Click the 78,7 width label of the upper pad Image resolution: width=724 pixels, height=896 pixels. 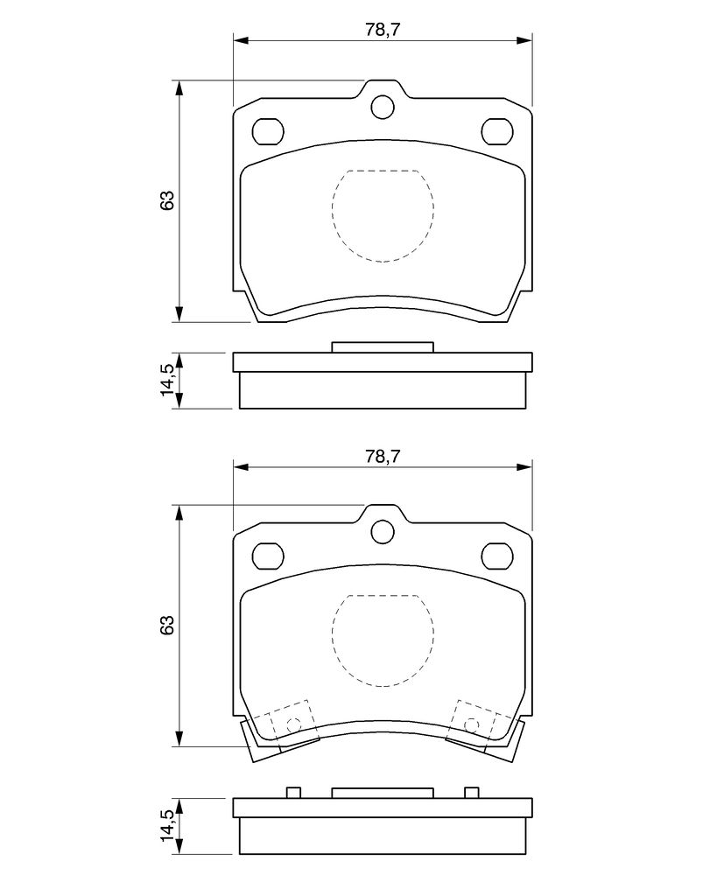point(382,31)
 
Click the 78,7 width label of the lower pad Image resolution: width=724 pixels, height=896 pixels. point(382,456)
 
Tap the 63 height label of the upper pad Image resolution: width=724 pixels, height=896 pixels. point(166,200)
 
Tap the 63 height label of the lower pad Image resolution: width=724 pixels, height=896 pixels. point(166,625)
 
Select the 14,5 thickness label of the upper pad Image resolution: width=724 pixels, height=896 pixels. point(167,380)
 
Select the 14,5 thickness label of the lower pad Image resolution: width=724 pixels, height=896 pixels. point(167,824)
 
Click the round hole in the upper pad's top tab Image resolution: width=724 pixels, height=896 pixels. point(383,107)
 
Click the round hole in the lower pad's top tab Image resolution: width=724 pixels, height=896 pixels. point(383,532)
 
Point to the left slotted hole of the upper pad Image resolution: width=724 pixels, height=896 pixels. point(268,131)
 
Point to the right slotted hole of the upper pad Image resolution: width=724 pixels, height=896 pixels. point(497,131)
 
